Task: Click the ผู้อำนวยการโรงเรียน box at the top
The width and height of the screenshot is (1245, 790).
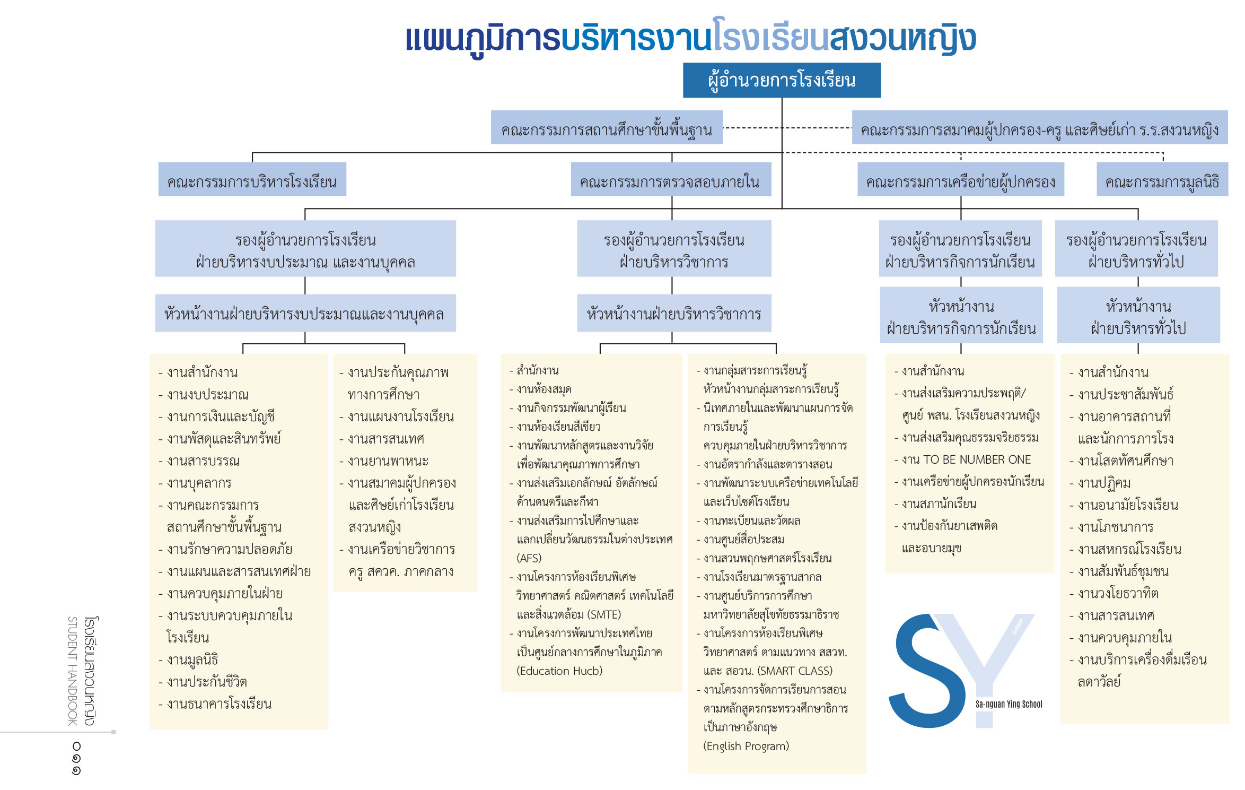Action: [782, 80]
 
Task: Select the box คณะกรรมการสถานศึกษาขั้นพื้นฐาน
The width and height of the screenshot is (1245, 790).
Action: [607, 127]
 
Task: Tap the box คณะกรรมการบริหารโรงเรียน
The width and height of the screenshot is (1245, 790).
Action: [252, 179]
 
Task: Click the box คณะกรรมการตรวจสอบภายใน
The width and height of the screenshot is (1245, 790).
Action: [671, 179]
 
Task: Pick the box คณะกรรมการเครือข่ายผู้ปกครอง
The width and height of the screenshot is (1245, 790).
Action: [961, 179]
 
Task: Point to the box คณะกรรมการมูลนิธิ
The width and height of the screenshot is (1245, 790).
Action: [1162, 179]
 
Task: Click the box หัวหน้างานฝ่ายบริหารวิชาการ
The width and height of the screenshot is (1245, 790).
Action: [674, 313]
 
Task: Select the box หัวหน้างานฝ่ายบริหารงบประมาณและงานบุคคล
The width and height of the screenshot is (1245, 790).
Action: [305, 313]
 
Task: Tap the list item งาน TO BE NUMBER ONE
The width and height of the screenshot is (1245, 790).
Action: [963, 459]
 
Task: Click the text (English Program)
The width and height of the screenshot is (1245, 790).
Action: [746, 746]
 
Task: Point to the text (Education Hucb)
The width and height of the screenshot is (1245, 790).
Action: [559, 671]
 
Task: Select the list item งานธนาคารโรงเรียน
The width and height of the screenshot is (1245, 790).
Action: [215, 704]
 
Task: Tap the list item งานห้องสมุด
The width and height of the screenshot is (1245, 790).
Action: [540, 389]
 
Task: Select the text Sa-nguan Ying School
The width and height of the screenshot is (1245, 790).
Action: [1009, 704]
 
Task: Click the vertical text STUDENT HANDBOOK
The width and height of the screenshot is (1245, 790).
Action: [73, 671]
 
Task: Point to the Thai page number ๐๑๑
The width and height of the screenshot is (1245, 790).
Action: [76, 758]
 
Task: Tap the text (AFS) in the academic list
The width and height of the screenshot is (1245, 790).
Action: [529, 558]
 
